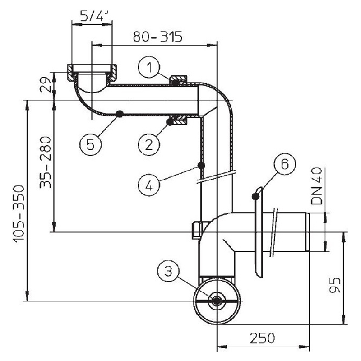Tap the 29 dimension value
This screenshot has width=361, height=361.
click(x=46, y=84)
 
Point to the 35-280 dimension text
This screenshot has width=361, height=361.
click(x=45, y=162)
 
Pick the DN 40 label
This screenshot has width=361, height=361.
click(x=316, y=186)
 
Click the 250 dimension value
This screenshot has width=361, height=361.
click(x=263, y=338)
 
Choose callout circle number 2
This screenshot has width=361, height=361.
click(x=149, y=144)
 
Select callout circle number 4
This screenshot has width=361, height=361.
click(x=149, y=185)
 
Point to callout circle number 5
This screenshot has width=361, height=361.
click(x=91, y=144)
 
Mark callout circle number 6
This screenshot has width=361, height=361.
click(x=285, y=164)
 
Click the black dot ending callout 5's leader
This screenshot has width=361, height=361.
click(x=120, y=114)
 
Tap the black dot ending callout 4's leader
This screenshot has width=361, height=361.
click(x=201, y=165)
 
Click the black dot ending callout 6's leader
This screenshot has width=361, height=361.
click(x=255, y=197)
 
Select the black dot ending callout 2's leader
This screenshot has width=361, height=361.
click(x=170, y=122)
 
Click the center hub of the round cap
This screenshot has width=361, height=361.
click(x=217, y=301)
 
